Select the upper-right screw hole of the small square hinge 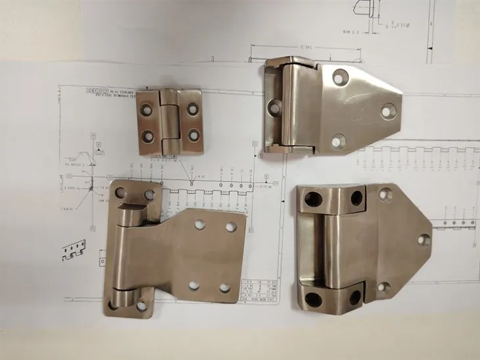(x=193, y=106)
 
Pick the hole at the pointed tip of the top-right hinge (x=387, y=111)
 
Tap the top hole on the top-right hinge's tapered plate (x=338, y=78)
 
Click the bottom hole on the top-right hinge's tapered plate (x=338, y=140)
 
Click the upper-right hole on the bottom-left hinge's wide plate (x=231, y=227)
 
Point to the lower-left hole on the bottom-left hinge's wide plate (x=193, y=285)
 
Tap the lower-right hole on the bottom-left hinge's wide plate (x=225, y=288)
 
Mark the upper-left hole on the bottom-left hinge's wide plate (x=199, y=225)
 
